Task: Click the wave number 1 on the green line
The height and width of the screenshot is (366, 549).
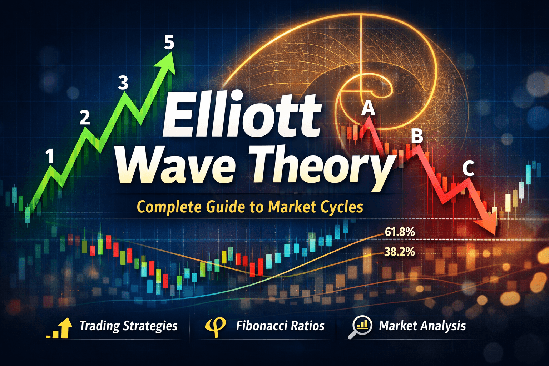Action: coord(50,156)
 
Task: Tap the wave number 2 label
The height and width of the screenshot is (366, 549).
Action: coord(85,117)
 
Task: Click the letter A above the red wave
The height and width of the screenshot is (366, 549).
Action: coord(368,108)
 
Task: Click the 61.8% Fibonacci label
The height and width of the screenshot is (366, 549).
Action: coord(400,232)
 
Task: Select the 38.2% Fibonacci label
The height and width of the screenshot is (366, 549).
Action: coord(400,252)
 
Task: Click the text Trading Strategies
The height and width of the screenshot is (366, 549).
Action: coord(128,326)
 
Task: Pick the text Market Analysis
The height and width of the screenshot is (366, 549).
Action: coord(422,326)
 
